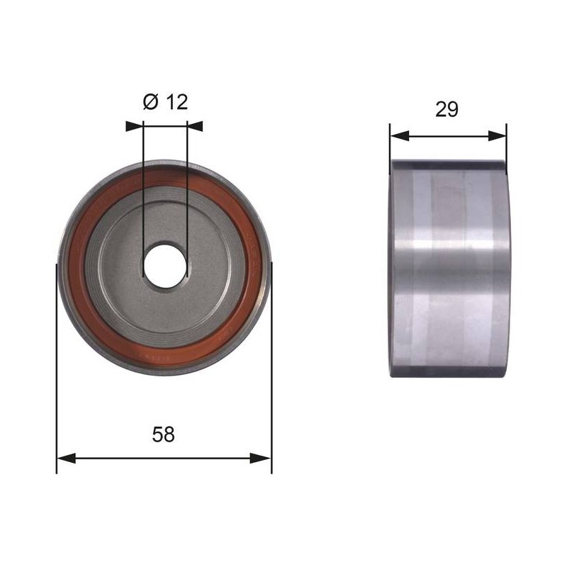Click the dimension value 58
point(164,434)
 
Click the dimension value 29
point(447,109)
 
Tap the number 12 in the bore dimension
point(176,102)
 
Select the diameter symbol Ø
point(151,102)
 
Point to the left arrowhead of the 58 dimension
point(66,458)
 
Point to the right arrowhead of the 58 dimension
point(260,458)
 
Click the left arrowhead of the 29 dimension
point(400,136)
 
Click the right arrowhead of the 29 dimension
point(498,136)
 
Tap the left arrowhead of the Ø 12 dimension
point(135,126)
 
